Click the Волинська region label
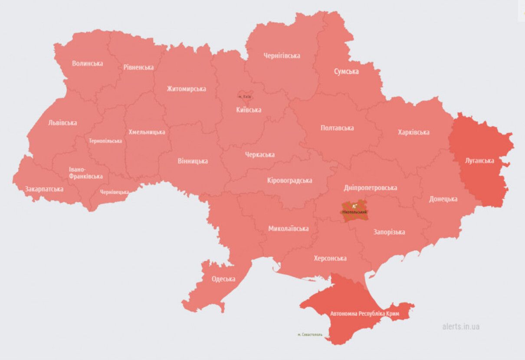[87, 63]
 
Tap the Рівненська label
[138, 67]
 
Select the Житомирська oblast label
[186, 88]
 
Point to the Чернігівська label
[282, 56]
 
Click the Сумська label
[346, 71]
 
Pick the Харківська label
[413, 132]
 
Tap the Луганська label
[479, 160]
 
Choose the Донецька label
[443, 199]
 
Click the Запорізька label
[389, 232]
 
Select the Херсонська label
[330, 258]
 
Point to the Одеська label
[223, 279]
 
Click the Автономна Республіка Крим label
[364, 313]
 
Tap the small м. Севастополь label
[310, 334]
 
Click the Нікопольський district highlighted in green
[354, 211]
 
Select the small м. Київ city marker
[245, 96]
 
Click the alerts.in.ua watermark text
[461, 327]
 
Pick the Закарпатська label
[44, 189]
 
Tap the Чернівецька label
[115, 192]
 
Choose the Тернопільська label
[105, 141]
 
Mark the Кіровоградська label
[289, 180]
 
